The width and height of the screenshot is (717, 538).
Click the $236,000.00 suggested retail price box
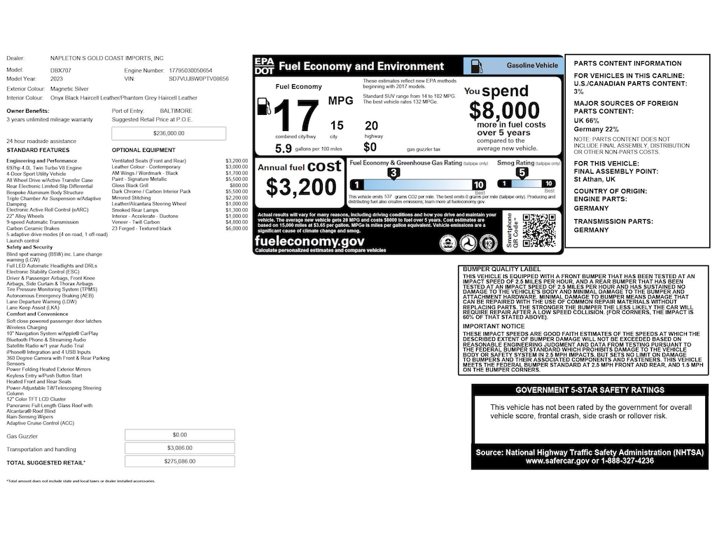[169, 133]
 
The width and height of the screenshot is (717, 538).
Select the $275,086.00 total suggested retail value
[179, 462]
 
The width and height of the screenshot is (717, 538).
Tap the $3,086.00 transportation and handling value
[179, 448]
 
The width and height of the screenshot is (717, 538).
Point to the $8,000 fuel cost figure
[504, 111]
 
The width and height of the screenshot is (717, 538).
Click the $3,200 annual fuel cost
[301, 187]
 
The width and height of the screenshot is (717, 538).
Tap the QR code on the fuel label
[538, 230]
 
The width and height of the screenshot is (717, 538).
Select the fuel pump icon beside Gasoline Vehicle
[475, 66]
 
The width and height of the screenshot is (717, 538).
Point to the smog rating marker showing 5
[522, 172]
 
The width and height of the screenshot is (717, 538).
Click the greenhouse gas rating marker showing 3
[394, 172]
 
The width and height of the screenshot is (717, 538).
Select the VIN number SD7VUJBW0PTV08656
[199, 79]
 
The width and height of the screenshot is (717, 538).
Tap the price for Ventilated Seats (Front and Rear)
[237, 161]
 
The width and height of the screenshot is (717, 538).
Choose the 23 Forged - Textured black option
[142, 228]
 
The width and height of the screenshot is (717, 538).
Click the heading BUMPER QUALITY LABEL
[501, 269]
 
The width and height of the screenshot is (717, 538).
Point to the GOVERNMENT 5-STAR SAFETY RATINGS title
[590, 390]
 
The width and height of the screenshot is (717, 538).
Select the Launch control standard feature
[22, 241]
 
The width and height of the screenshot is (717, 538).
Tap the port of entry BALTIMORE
[176, 111]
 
